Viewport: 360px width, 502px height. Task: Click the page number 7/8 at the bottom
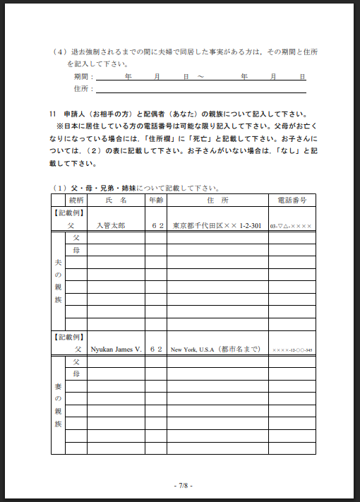(x=182, y=485)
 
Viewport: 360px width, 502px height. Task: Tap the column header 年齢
(x=155, y=201)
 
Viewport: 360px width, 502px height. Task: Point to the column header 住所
(x=217, y=201)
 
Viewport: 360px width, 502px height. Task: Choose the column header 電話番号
(x=292, y=201)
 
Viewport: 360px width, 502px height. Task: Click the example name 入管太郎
(x=112, y=226)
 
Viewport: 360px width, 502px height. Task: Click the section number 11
(x=54, y=114)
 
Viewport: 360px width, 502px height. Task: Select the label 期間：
(x=83, y=76)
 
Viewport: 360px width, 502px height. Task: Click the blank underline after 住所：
(x=201, y=90)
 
